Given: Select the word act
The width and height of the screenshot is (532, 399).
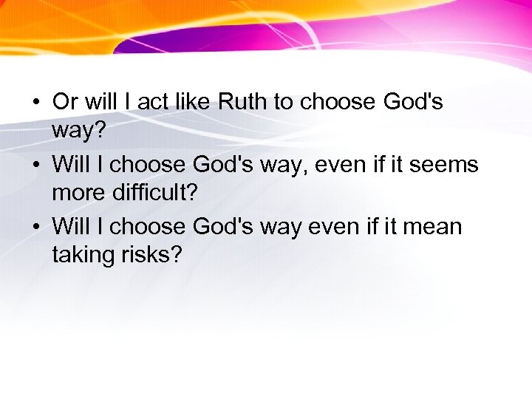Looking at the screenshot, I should [153, 101].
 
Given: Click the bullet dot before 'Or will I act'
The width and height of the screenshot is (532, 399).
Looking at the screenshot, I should [35, 102].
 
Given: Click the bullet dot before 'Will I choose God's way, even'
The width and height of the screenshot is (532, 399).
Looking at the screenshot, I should [35, 164].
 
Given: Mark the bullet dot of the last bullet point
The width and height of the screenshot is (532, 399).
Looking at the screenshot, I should [35, 226].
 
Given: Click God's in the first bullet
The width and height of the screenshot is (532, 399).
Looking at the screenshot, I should [413, 101].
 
